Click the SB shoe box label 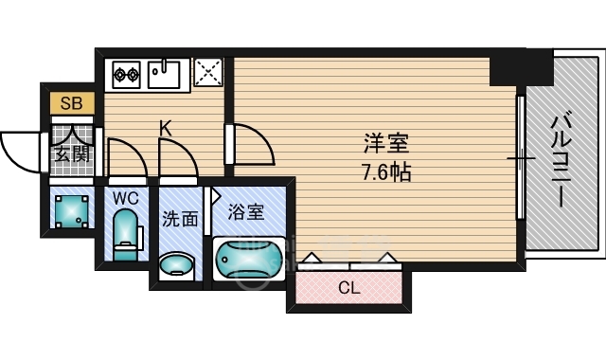[71, 103]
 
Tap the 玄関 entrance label [71, 151]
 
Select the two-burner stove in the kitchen [127, 72]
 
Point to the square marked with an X [207, 72]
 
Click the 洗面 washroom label [180, 219]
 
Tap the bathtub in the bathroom [249, 259]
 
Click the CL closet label [348, 288]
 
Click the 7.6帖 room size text [385, 174]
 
